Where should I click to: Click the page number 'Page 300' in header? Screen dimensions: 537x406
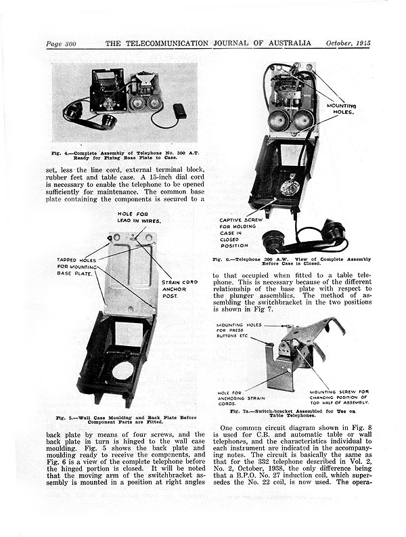coord(61,44)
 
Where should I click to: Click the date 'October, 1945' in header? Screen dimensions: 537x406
coord(348,44)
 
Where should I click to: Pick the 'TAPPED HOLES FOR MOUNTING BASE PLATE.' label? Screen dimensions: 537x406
coord(76,268)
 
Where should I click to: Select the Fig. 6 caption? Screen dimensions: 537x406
coord(291,262)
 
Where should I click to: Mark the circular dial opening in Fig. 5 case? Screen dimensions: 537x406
coord(123,370)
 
